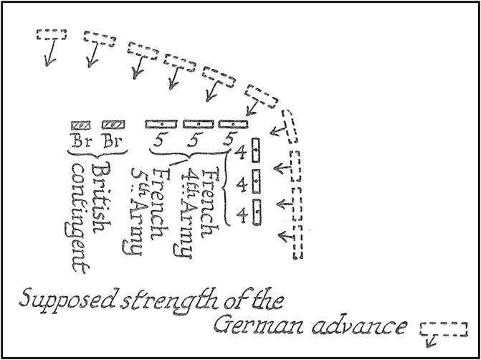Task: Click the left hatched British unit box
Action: coord(80,125)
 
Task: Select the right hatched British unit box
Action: coord(113,125)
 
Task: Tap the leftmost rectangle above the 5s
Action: coord(161,124)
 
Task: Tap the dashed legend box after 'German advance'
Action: coord(444,328)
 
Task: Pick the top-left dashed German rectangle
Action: coord(52,34)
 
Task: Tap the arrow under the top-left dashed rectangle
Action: coord(49,55)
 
